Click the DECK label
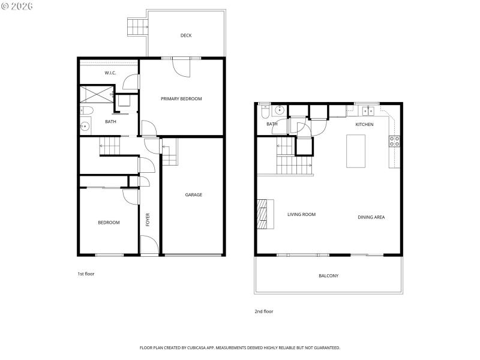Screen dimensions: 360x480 (186, 35)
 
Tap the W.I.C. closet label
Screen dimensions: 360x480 (110, 73)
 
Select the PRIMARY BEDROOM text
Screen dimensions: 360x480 (181, 98)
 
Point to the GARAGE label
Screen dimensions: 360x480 (193, 194)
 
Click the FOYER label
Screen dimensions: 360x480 (148, 220)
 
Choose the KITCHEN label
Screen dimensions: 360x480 (364, 124)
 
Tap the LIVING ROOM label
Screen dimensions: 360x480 (301, 214)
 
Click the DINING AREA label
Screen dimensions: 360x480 (371, 217)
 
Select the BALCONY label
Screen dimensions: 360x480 (328, 276)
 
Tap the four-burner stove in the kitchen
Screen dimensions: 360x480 (395, 142)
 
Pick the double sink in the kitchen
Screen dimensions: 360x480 (368, 110)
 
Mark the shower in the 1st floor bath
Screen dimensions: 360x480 (97, 94)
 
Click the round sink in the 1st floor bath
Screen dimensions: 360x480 (85, 126)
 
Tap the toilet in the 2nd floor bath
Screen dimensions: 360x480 (265, 111)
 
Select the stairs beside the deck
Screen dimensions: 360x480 (137, 26)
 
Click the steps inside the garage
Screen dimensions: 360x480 (170, 152)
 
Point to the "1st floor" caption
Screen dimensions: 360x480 (86, 274)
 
